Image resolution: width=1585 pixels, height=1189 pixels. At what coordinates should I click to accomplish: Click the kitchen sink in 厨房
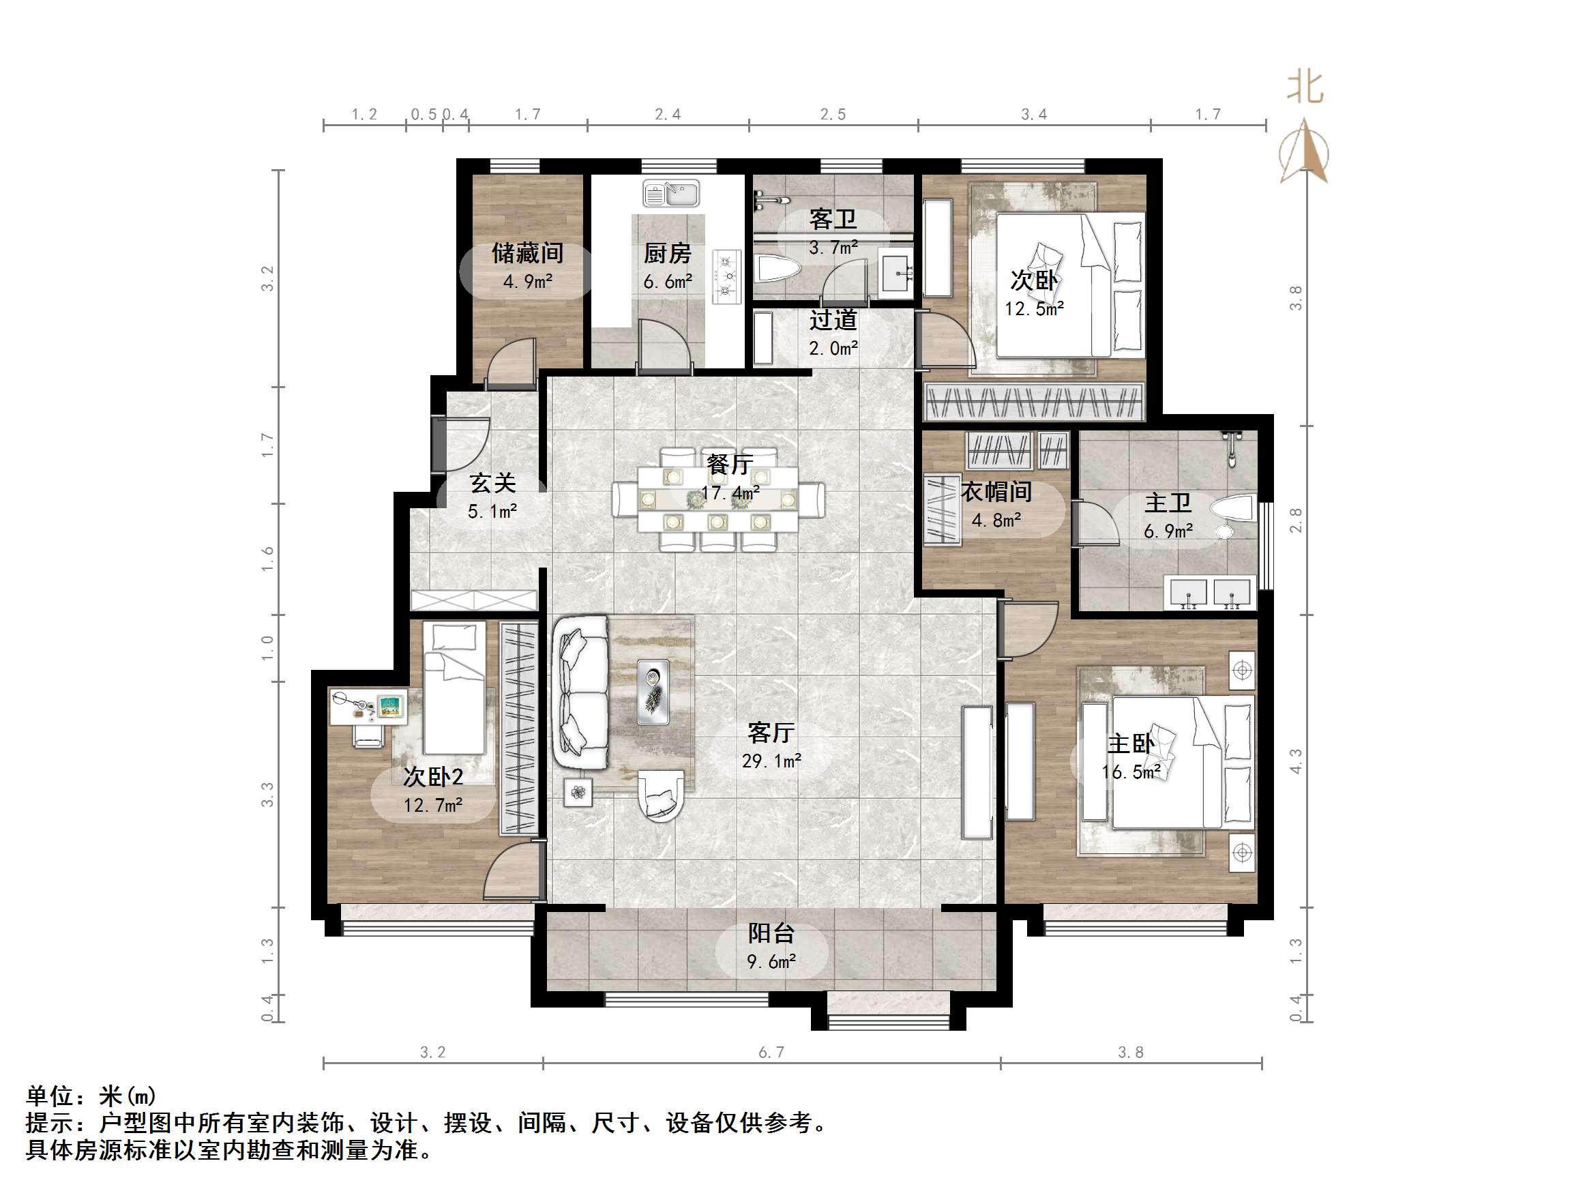tap(670, 194)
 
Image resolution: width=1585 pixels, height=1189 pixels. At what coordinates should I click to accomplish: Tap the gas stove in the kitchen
tap(726, 276)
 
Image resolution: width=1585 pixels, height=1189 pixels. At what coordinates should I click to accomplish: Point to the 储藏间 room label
tap(527, 253)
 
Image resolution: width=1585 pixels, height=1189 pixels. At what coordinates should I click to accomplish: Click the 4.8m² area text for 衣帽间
tap(996, 520)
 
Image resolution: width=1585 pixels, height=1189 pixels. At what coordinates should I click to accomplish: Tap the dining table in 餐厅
tap(718, 499)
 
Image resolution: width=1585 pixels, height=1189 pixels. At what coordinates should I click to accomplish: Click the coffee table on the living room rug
tap(653, 692)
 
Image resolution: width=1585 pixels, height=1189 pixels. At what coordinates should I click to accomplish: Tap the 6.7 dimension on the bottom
tap(771, 1052)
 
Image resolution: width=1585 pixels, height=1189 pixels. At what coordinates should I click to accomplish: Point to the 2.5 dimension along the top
tap(833, 115)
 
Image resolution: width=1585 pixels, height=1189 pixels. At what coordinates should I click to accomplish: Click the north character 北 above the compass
tap(1304, 87)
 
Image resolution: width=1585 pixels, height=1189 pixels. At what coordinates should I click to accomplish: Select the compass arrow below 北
tap(1305, 152)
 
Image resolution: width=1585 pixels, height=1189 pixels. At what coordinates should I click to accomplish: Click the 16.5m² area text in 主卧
tap(1131, 773)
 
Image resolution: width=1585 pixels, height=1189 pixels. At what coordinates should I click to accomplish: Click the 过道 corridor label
tap(833, 320)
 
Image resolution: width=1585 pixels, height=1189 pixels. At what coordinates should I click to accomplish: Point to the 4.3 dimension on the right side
tap(1296, 761)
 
